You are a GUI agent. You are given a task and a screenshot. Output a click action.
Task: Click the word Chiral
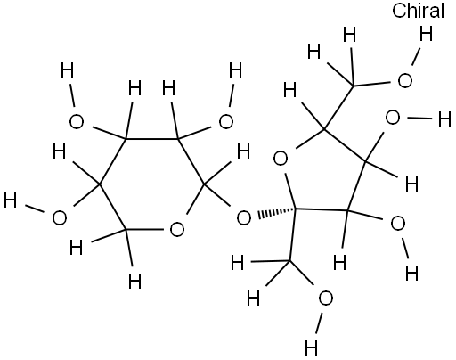[418, 11]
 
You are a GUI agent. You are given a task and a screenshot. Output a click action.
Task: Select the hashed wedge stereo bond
[276, 213]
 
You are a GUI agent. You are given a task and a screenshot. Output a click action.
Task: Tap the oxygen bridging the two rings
[244, 217]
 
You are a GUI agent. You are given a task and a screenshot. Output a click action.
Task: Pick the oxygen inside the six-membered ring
[177, 229]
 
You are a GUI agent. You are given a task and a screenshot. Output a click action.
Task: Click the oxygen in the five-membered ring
[281, 159]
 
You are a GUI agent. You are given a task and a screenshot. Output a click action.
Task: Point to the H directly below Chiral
[426, 33]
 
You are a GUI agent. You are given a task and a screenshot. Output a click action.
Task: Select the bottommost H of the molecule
[311, 348]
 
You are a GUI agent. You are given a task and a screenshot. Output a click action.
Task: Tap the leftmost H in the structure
[10, 200]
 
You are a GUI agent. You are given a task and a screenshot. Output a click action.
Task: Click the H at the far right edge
[444, 119]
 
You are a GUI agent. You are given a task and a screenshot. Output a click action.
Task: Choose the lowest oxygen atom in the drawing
[325, 299]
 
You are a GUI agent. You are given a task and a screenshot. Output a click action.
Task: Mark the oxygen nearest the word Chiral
[405, 81]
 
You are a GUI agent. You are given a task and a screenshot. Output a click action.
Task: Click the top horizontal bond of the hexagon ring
[152, 139]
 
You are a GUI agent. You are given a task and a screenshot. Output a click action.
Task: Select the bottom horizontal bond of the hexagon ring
[144, 230]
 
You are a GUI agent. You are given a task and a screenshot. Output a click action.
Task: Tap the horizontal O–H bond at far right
[419, 119]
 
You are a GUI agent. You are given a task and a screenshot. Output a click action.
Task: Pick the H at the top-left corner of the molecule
[67, 70]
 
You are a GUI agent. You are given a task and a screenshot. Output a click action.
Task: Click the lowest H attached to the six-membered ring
[135, 281]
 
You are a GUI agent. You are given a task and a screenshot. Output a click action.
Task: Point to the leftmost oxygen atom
[60, 217]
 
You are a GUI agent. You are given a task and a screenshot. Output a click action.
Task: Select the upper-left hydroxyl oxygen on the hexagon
[77, 122]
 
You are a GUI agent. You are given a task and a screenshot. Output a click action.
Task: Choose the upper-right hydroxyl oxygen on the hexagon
[226, 122]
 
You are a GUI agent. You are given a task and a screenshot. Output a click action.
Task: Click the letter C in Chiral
[399, 11]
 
